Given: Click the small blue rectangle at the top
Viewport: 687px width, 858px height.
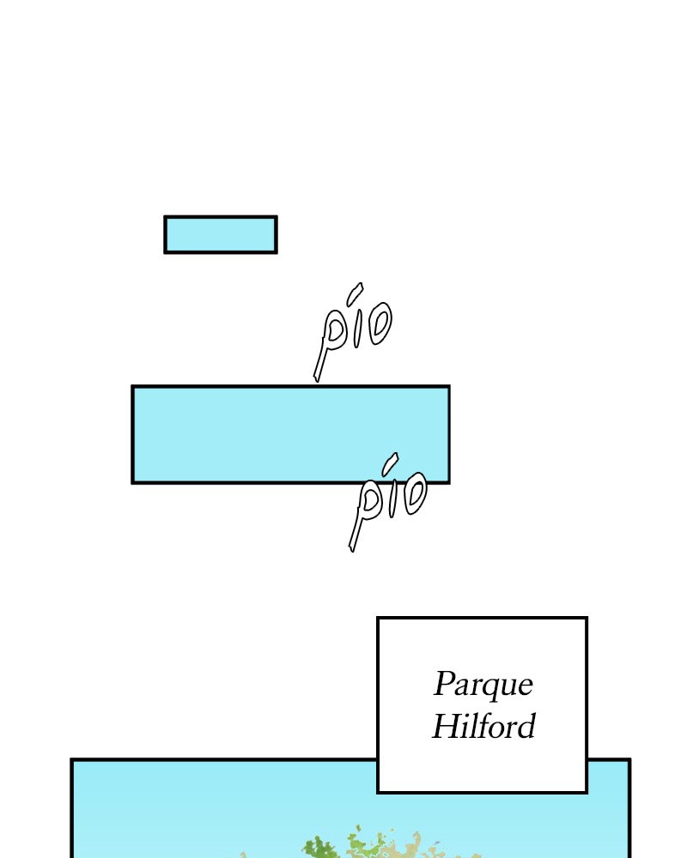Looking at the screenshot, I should click(x=221, y=234).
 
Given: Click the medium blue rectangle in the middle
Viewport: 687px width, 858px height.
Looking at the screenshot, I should click(x=290, y=434).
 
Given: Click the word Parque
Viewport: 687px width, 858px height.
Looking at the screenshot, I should click(x=483, y=685).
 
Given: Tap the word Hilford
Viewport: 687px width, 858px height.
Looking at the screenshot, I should click(x=483, y=727).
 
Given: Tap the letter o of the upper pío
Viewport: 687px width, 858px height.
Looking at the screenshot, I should click(x=379, y=323).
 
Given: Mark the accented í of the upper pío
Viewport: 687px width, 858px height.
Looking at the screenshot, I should click(x=356, y=322).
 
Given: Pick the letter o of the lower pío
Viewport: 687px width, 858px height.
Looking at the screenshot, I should click(x=415, y=493).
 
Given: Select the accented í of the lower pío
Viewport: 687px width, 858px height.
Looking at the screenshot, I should click(x=391, y=493).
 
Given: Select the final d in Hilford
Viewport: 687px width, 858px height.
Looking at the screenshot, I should click(x=526, y=727).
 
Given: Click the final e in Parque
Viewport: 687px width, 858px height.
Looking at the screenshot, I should click(x=525, y=686).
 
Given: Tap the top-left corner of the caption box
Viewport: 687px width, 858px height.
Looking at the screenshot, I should click(x=379, y=618).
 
